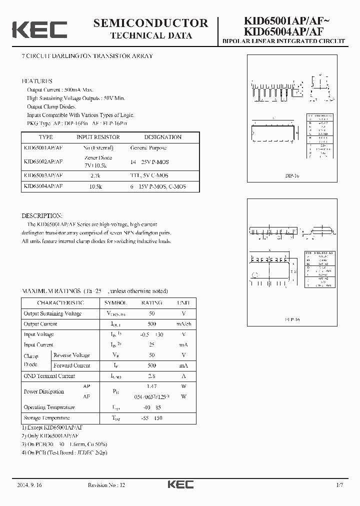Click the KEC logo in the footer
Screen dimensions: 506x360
pos(180,484)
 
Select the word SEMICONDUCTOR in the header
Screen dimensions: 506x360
pos(150,23)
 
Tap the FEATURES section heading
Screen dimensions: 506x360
pos(36,81)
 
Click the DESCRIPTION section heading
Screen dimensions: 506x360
pos(41,215)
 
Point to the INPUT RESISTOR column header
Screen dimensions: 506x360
pos(98,137)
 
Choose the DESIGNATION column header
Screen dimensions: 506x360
pos(162,137)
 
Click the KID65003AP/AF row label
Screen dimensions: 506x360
pos(43,175)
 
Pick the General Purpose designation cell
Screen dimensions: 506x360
pos(148,148)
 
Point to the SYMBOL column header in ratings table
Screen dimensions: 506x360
pos(115,303)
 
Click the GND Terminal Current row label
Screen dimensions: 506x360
pos(49,376)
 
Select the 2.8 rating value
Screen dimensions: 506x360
pos(151,376)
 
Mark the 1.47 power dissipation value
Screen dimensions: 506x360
pos(151,386)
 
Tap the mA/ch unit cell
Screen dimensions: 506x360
pos(184,324)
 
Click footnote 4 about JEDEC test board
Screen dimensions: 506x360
pos(64,452)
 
